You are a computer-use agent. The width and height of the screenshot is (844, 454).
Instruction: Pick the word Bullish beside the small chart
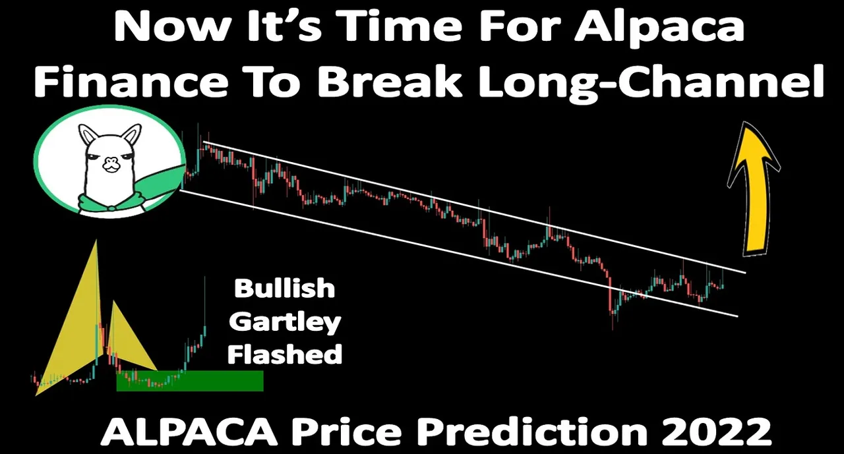click(x=284, y=289)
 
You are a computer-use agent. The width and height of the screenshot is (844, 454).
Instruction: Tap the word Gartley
click(x=285, y=323)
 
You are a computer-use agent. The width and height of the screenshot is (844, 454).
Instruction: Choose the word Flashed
click(x=285, y=354)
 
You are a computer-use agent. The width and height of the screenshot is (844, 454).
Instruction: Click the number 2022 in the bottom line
click(x=721, y=432)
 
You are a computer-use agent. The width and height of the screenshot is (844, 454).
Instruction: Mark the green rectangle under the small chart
click(x=190, y=381)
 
